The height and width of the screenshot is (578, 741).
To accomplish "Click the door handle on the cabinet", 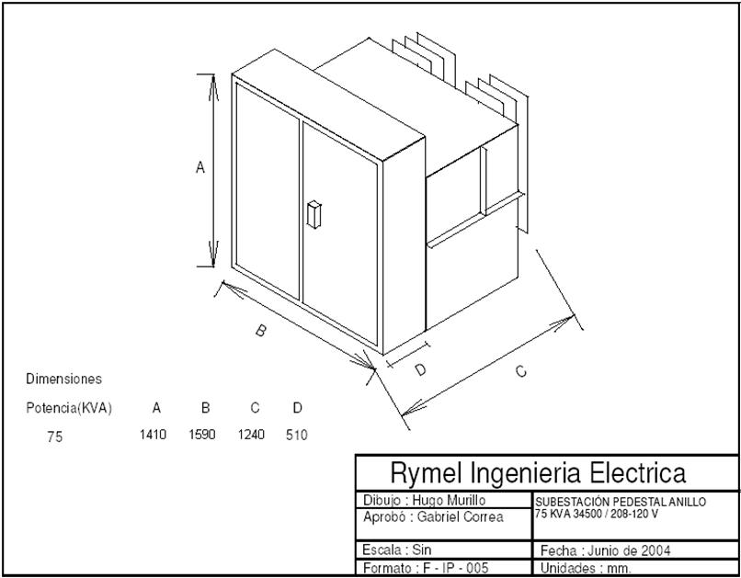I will [x=313, y=212].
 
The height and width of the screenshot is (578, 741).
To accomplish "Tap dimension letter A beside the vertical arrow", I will [x=199, y=167].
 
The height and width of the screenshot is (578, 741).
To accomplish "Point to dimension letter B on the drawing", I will [x=260, y=331].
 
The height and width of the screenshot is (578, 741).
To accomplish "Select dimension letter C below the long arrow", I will [x=520, y=371].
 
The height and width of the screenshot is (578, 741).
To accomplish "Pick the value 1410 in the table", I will [x=153, y=435].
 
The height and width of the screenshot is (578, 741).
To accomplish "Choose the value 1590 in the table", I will [x=201, y=435].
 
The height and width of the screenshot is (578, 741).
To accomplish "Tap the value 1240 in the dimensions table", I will [x=251, y=435].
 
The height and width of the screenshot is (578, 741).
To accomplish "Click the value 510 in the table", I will [x=296, y=435].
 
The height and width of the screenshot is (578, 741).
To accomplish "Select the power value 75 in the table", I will [x=55, y=437].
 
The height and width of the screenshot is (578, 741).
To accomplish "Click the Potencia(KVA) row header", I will [x=69, y=408].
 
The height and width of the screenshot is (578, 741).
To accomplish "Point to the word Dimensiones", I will [x=63, y=379].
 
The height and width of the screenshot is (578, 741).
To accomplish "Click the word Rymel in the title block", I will [x=427, y=473].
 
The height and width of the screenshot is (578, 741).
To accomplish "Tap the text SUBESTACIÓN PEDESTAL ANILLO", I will [x=621, y=502].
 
